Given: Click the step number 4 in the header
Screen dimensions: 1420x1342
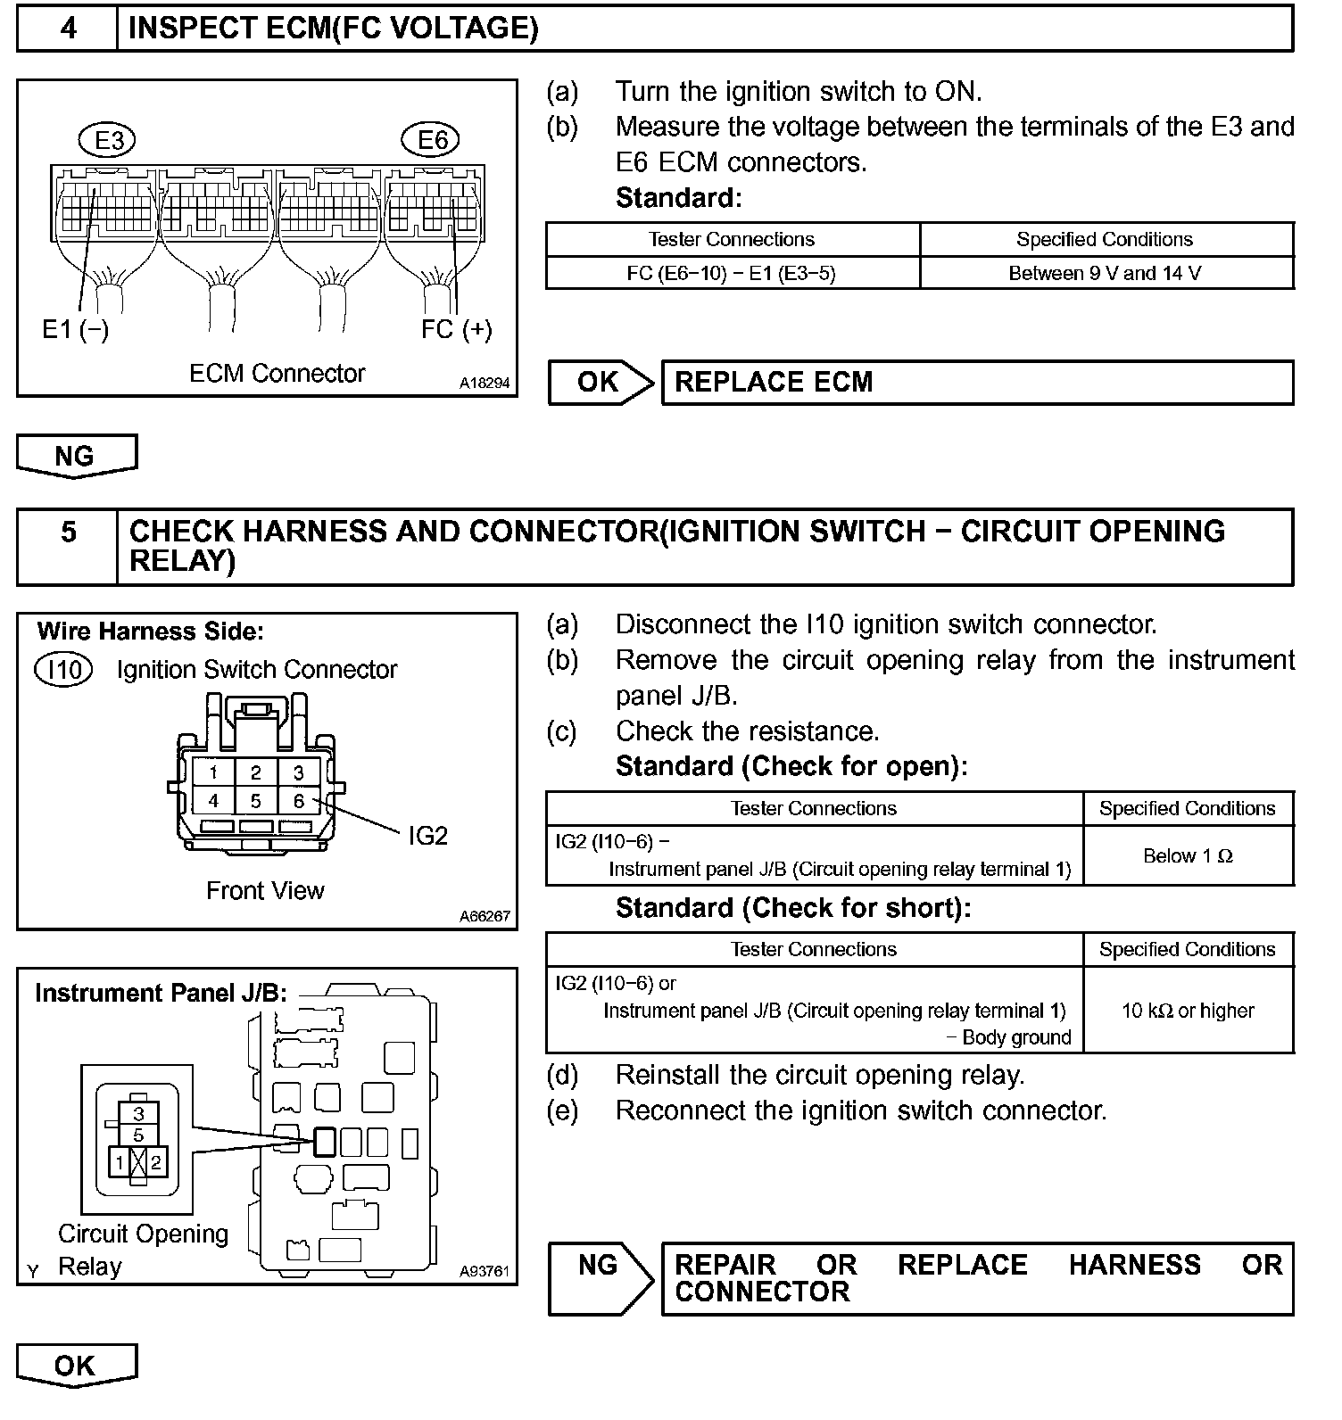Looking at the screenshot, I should (x=68, y=29).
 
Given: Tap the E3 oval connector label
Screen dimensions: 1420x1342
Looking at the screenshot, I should (x=109, y=140).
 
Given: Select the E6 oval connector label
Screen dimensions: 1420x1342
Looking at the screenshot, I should (x=433, y=140).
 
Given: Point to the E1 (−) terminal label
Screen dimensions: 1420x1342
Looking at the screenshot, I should (x=76, y=330).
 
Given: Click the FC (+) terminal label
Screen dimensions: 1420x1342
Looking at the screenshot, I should (x=456, y=329).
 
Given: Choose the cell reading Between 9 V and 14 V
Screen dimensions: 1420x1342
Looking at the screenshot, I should (x=1105, y=273).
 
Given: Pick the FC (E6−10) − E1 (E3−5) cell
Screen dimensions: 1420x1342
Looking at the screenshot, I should (x=732, y=273).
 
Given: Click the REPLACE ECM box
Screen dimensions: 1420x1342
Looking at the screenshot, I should (x=977, y=383).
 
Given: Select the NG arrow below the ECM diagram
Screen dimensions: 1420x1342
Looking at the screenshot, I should (x=76, y=456).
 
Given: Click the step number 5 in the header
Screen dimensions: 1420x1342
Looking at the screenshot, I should (x=68, y=532).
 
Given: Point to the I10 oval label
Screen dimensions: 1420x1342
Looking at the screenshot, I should (x=63, y=669).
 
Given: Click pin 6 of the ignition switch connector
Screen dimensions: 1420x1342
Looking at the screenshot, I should (x=299, y=801).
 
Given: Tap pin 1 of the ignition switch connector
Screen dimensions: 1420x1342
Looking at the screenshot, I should (x=213, y=772).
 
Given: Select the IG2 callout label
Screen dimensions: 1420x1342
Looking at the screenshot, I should (x=427, y=836).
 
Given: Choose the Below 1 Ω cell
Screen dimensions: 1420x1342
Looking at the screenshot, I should (x=1188, y=855).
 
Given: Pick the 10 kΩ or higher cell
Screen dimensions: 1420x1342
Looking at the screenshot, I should (x=1188, y=1011).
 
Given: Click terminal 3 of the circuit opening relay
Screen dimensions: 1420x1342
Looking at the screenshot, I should (x=138, y=1113).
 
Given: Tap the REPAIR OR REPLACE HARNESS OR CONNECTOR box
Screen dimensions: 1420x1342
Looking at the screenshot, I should (x=977, y=1278).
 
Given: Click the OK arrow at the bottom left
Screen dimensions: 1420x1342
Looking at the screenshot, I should (x=76, y=1366).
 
